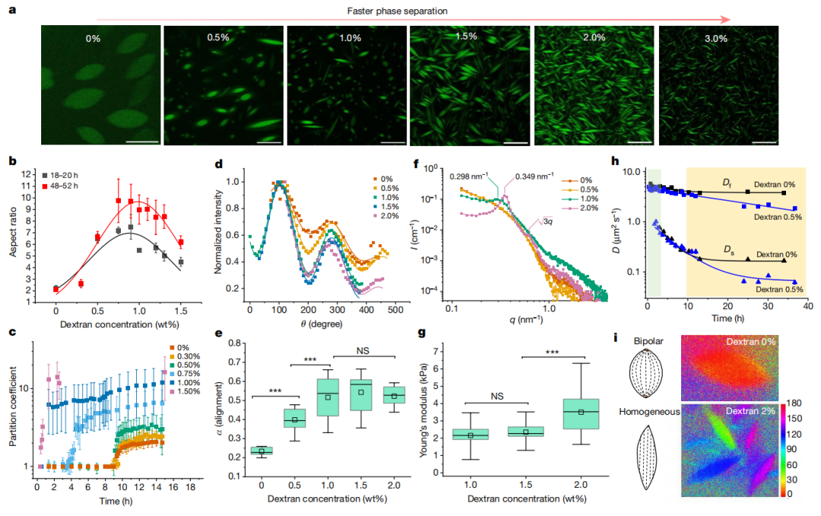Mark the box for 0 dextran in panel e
click(262, 451)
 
